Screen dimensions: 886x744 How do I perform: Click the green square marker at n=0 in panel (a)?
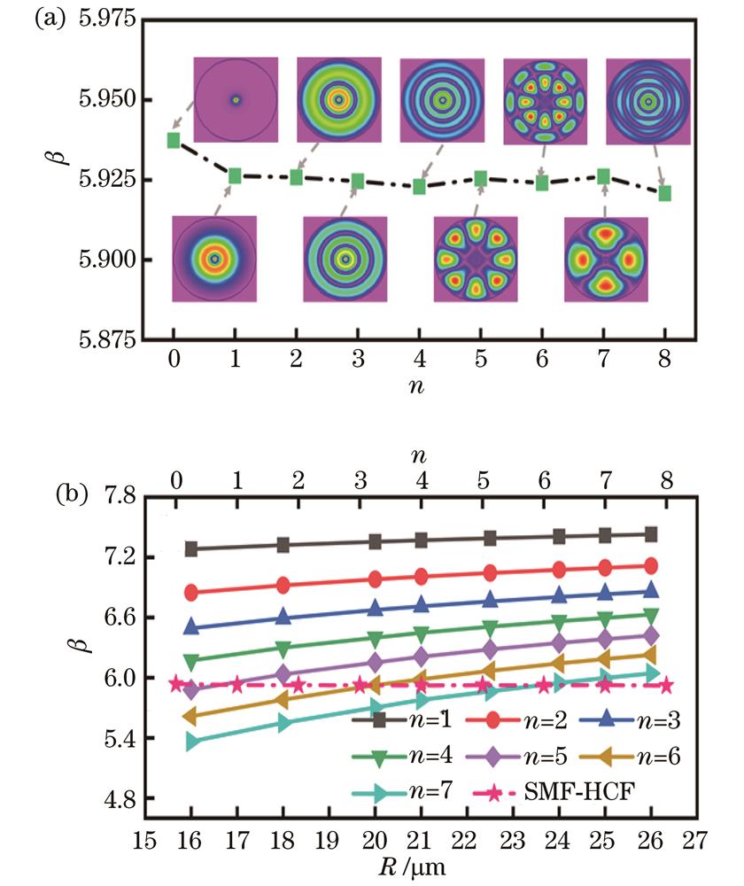pos(173,140)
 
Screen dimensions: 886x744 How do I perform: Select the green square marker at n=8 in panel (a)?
pos(665,192)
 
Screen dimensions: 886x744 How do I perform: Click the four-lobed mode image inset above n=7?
pos(606,259)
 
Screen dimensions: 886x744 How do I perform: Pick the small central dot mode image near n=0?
pos(236,100)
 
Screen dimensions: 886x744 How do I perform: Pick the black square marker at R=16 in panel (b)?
pos(190,549)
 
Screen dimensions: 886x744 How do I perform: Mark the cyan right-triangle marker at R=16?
pos(191,742)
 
